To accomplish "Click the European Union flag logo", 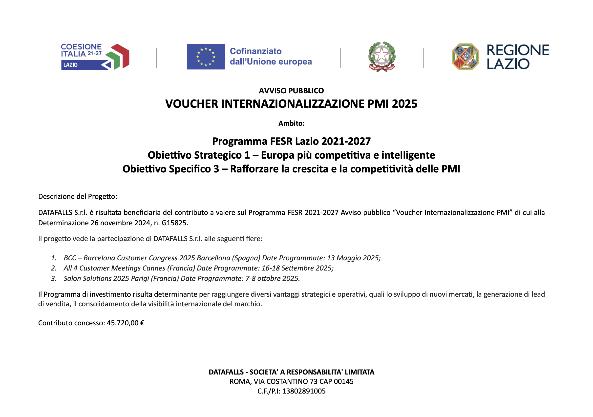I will (206, 57).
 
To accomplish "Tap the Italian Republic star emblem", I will (381, 56).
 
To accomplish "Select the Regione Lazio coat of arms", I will (465, 57).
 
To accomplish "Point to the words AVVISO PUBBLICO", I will (291, 91).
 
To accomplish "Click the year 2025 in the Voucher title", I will (404, 104).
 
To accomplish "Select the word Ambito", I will (291, 124).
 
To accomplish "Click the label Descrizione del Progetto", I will (78, 196).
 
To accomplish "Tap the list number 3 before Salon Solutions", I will (53, 279).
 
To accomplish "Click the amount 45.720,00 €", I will (126, 323).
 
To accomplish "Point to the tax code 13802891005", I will (304, 391).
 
